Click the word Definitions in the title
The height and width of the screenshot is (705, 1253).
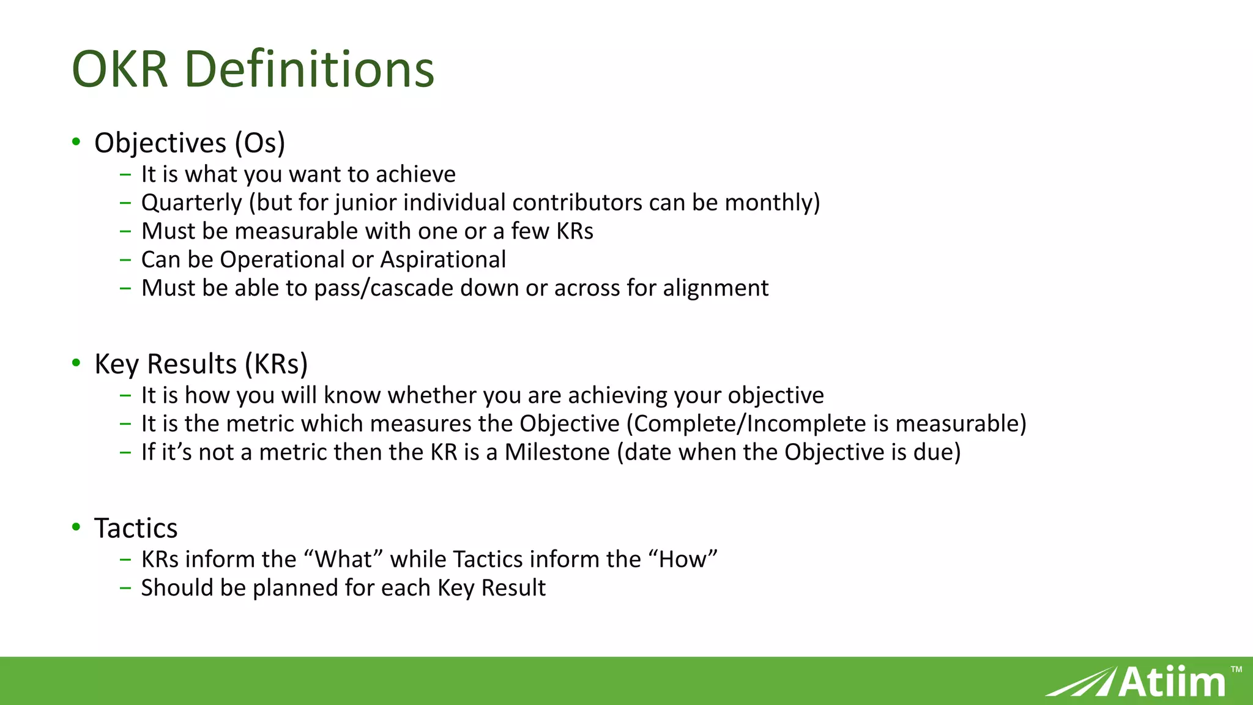310,69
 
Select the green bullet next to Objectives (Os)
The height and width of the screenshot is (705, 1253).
76,142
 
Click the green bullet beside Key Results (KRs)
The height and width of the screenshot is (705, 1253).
76,363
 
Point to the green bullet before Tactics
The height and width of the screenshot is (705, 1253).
76,527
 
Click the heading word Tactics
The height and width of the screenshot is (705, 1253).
136,528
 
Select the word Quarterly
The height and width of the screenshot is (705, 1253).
191,203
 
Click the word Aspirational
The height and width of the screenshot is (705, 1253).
443,259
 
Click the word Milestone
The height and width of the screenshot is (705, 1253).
557,452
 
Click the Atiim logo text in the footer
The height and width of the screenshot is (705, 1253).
1172,682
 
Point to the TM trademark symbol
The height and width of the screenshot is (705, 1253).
1236,670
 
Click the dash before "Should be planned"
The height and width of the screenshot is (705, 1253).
125,588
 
